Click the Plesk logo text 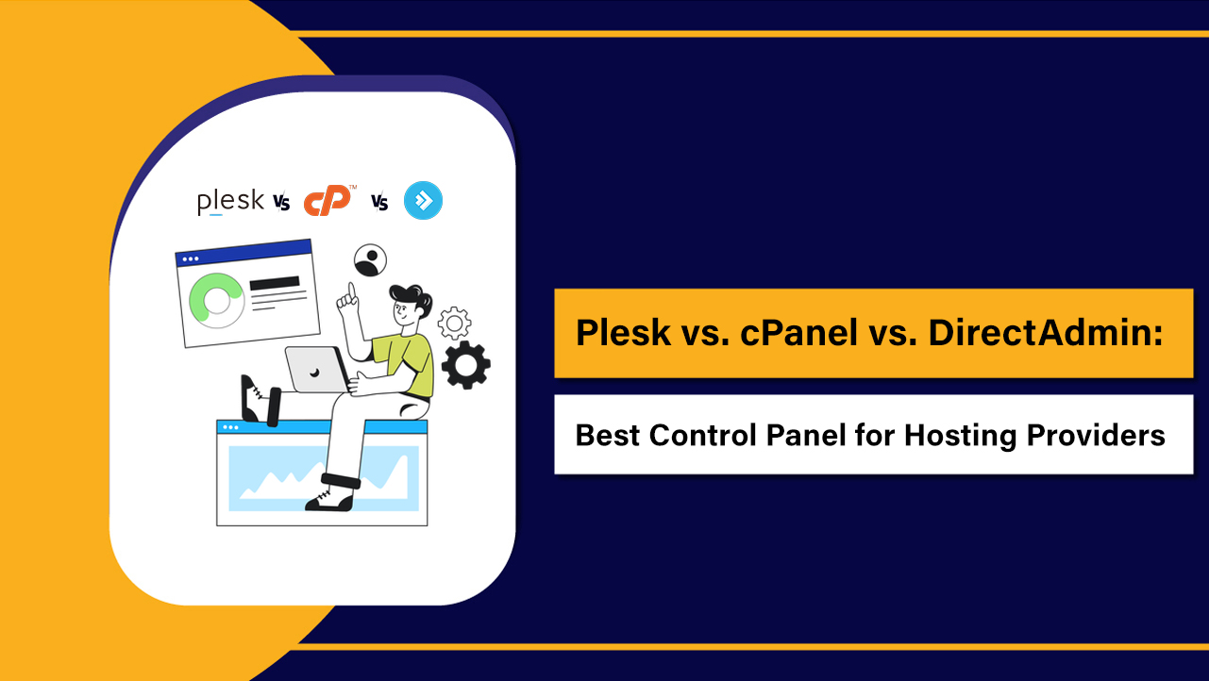229,202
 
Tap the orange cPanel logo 327,201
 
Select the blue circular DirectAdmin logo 423,201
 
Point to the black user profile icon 371,260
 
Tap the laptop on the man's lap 316,369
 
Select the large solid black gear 465,365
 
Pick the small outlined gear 454,323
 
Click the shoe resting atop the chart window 255,400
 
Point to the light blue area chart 322,473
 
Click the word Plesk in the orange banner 620,333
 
